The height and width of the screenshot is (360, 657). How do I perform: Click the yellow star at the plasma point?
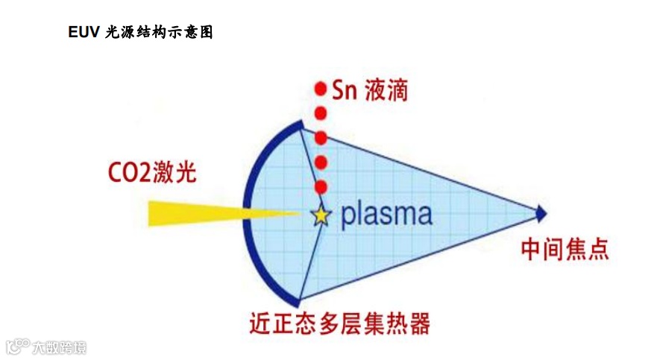click(321, 215)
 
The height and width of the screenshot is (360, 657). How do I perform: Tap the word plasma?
click(386, 215)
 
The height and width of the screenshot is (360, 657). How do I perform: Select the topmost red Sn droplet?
click(321, 89)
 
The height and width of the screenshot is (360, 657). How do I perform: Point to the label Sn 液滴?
click(370, 91)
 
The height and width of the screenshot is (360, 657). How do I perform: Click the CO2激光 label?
click(150, 174)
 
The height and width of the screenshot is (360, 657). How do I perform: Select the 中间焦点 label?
click(565, 249)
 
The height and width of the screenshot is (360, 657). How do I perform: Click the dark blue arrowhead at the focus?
click(541, 215)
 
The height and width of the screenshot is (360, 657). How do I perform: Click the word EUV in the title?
click(84, 33)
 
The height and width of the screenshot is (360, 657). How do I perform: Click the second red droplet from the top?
click(321, 114)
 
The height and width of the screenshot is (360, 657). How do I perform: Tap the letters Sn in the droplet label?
click(346, 91)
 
